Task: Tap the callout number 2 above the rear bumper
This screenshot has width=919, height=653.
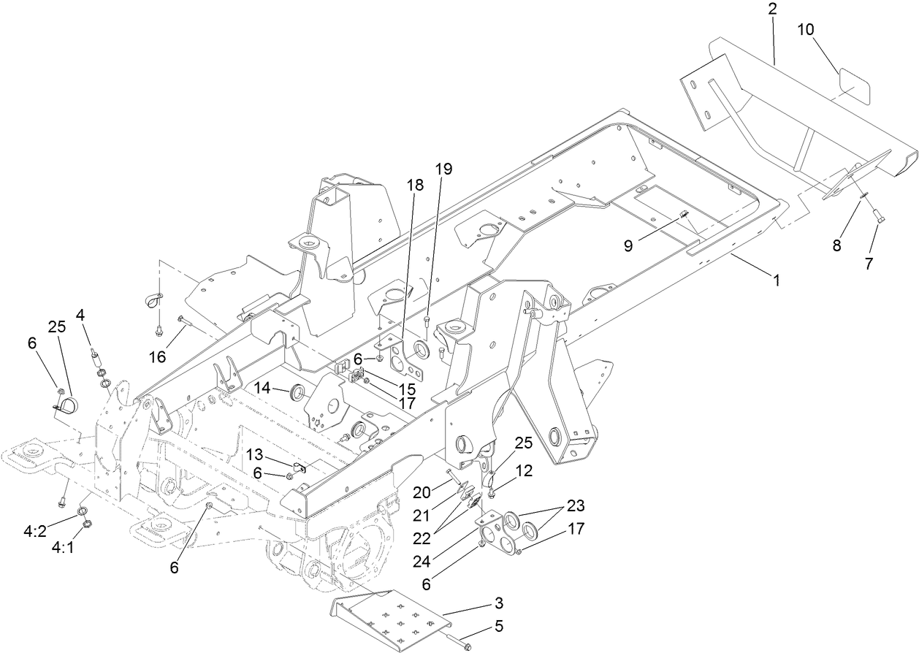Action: [772, 10]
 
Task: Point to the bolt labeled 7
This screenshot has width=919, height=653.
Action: [877, 215]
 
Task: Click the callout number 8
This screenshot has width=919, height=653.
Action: [836, 245]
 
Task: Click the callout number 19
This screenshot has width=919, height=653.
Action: [443, 169]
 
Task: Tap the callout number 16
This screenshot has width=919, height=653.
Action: [159, 356]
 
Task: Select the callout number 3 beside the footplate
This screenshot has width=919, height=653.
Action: [498, 603]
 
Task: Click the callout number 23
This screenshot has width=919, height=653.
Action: [576, 505]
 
